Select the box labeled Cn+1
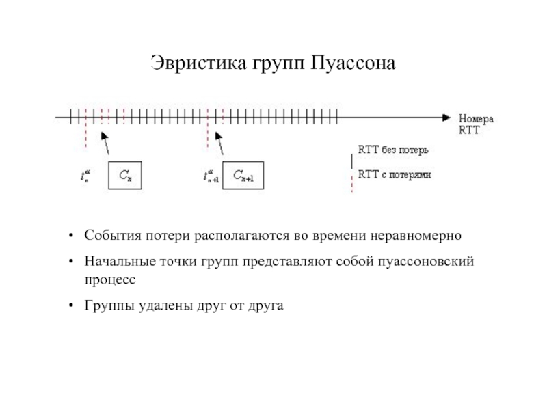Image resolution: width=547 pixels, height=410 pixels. pos(243,176)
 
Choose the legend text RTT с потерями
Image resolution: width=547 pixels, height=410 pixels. pos(395,174)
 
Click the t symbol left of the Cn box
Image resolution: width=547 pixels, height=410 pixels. pos(86,176)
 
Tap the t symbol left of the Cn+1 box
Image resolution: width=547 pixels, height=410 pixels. pos(209,176)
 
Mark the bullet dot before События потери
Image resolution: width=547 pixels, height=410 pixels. pos(71,236)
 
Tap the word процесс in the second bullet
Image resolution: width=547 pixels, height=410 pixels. pos(110,279)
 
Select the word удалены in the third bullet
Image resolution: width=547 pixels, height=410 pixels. pos(161,306)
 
